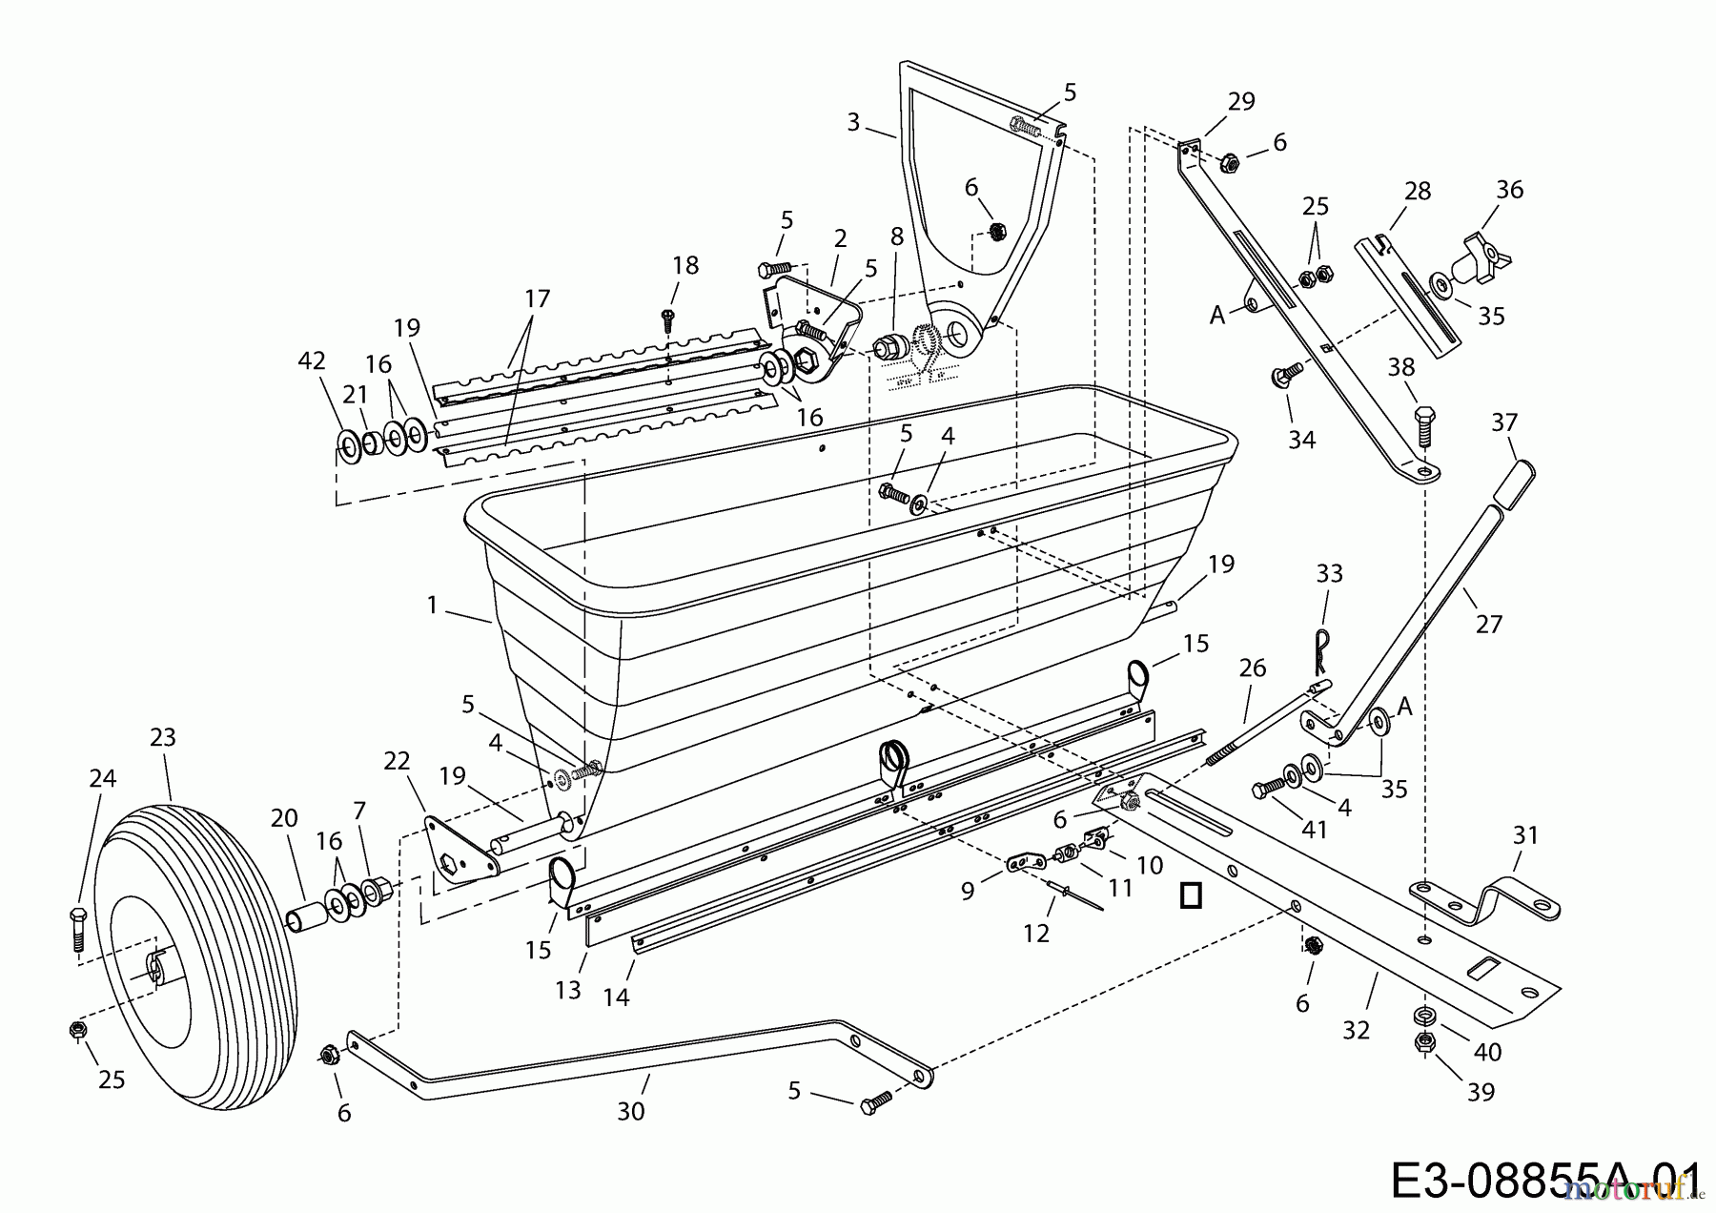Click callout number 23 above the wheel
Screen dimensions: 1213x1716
point(163,737)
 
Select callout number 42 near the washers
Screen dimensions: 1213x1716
point(312,360)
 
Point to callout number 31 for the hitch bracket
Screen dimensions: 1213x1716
point(1525,835)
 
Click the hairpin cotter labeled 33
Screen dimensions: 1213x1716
point(1321,650)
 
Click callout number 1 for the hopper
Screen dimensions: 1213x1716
point(433,606)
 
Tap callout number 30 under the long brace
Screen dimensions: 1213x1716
point(631,1111)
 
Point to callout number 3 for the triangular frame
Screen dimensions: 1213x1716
point(853,122)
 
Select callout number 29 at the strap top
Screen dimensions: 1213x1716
point(1241,101)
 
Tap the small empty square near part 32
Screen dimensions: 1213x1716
point(1190,895)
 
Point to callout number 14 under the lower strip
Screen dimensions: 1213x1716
point(616,997)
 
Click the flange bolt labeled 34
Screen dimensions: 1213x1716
point(1283,375)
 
